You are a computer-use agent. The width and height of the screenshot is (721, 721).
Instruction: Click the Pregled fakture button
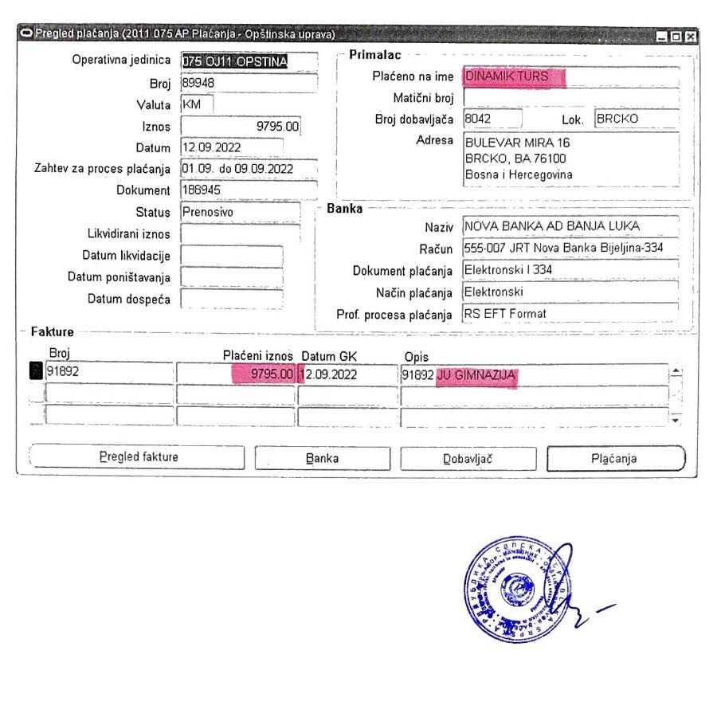[138, 457]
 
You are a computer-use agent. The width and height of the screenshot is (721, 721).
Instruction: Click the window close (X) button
[690, 36]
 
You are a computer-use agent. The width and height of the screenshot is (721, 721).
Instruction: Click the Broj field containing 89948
[249, 83]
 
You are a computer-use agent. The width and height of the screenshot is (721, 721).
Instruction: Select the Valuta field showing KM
[197, 104]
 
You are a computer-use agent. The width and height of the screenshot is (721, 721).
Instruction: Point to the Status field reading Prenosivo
[241, 213]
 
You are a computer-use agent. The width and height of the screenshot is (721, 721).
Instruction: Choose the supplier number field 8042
[492, 120]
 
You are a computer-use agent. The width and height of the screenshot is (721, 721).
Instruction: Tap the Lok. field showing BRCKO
[636, 120]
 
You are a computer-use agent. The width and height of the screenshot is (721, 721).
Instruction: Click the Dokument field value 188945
[249, 190]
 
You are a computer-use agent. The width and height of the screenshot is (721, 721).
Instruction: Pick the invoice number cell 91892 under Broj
[109, 372]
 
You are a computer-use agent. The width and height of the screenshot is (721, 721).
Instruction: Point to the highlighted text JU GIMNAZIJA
[476, 374]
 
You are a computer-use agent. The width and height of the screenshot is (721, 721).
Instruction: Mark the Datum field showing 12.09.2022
[231, 147]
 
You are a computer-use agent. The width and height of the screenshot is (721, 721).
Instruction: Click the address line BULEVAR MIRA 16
[517, 143]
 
